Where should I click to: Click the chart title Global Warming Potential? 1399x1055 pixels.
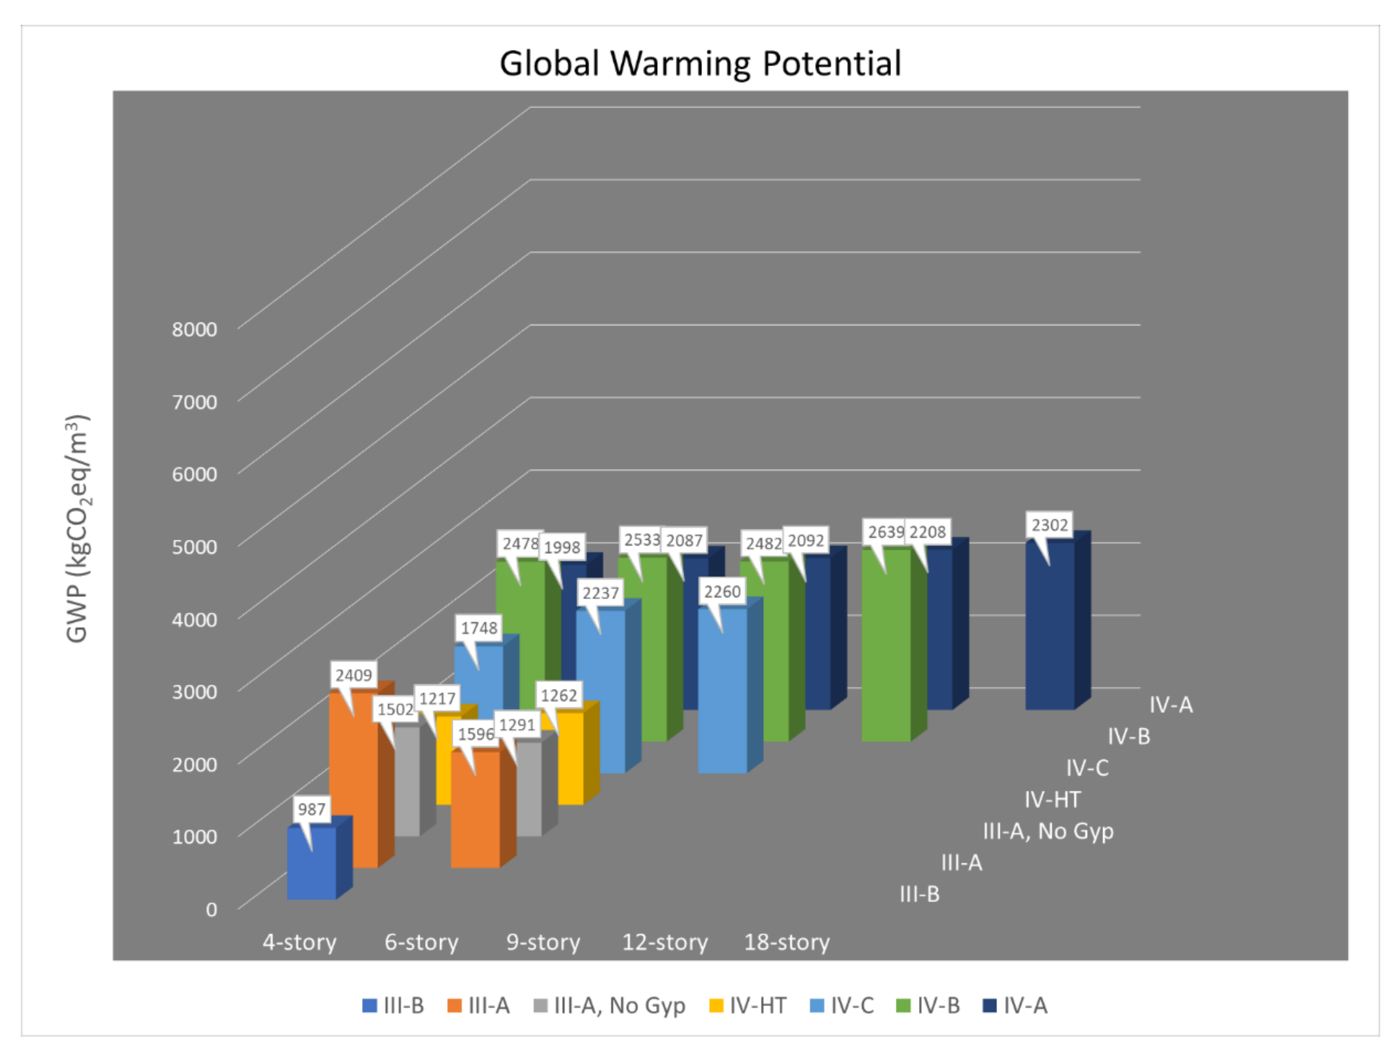pos(700,63)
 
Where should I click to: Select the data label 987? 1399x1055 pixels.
pos(311,809)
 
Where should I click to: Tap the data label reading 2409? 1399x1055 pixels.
pos(354,675)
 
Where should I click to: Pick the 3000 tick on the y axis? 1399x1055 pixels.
pos(194,691)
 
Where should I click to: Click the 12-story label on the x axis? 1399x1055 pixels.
pos(665,942)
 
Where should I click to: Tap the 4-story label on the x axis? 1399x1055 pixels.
pos(299,942)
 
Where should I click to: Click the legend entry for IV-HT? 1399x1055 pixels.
pos(748,1006)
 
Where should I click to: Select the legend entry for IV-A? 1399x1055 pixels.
pos(1016,1006)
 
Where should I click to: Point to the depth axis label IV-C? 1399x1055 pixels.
pos(1087,768)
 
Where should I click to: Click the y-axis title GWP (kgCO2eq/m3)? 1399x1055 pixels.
pos(78,528)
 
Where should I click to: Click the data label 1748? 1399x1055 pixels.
pos(479,628)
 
